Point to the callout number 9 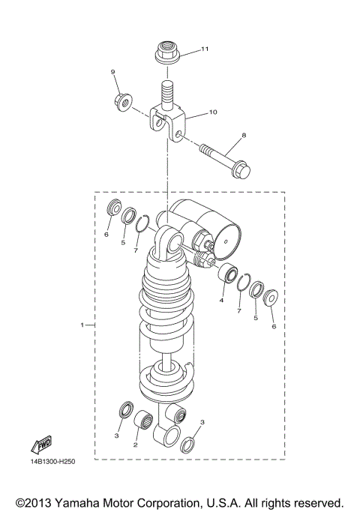pyautogui.click(x=113, y=72)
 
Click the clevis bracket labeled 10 pyautogui.click(x=166, y=121)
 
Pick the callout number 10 pyautogui.click(x=212, y=112)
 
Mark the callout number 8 pyautogui.click(x=242, y=137)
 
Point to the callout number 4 pyautogui.click(x=221, y=301)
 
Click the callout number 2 pyautogui.click(x=135, y=445)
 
